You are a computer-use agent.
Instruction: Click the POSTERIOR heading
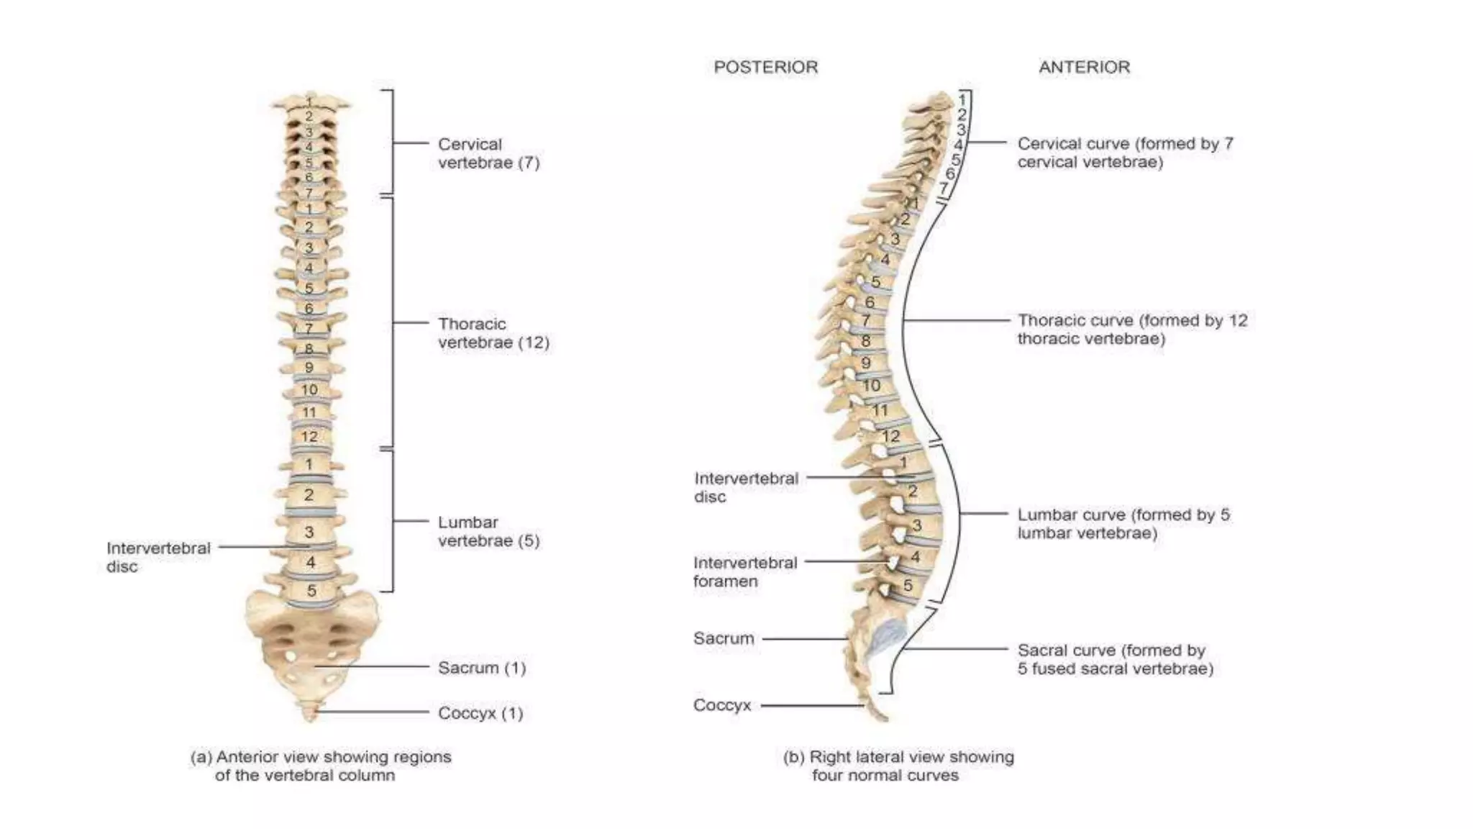pos(765,67)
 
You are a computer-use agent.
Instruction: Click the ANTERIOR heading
pos(1084,67)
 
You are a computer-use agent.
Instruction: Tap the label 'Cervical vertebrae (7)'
pos(488,153)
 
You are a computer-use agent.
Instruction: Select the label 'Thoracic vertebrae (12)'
pos(493,333)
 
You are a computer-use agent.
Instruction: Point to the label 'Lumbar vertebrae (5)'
pos(488,531)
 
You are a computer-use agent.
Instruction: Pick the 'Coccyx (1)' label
pos(480,713)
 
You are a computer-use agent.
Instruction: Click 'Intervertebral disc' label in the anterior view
pos(158,557)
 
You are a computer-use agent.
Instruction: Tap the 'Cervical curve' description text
pos(1125,153)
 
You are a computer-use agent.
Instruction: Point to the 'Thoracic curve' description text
pos(1132,330)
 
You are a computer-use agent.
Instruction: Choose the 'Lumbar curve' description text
pos(1123,524)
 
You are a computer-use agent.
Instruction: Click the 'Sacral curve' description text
pos(1115,659)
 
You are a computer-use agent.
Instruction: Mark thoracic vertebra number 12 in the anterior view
pos(309,436)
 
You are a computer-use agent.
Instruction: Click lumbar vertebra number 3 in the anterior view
pos(309,532)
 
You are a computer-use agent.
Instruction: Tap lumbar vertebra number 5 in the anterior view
pos(311,591)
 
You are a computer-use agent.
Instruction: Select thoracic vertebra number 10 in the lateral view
pos(872,386)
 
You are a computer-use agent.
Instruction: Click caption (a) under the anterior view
pos(321,766)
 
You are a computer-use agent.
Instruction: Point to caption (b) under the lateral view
pos(898,766)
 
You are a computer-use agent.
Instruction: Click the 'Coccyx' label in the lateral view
pos(722,705)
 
